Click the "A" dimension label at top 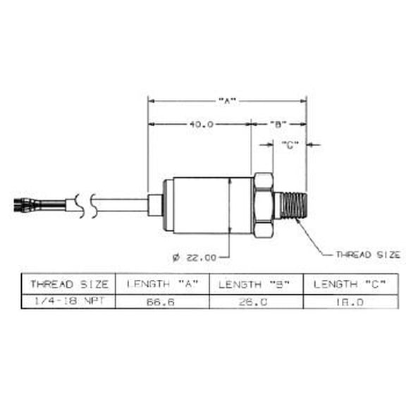pyautogui.click(x=226, y=101)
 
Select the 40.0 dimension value pyautogui.click(x=200, y=124)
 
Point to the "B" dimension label pyautogui.click(x=278, y=124)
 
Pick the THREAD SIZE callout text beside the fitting pyautogui.click(x=367, y=254)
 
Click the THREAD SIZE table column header pyautogui.click(x=68, y=284)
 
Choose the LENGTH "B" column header pyautogui.click(x=256, y=284)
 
